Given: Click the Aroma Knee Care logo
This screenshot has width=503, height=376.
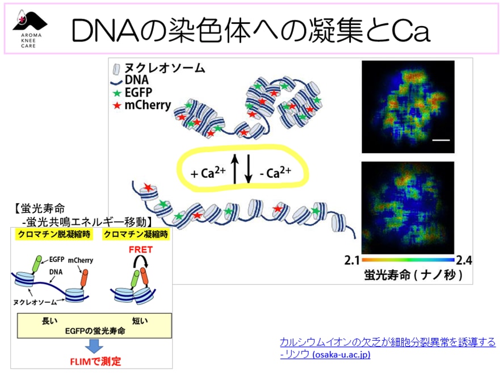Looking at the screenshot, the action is click(x=30, y=30).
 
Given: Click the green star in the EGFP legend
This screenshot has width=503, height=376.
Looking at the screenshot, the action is click(x=117, y=93).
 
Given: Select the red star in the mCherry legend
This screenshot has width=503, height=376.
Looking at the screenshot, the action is click(x=117, y=105).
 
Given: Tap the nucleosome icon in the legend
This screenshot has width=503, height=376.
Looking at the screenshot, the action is click(x=116, y=69).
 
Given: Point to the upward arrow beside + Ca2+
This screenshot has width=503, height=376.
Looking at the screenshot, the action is click(x=235, y=169).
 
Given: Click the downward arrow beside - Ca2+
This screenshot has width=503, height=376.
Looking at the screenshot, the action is click(x=248, y=169).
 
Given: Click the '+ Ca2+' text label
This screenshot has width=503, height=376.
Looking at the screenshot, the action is click(x=208, y=172).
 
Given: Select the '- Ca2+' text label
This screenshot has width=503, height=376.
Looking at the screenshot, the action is click(x=275, y=172).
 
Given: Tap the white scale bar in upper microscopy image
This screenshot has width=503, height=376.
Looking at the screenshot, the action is click(x=441, y=140).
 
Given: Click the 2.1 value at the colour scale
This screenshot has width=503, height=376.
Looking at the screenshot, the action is click(x=352, y=261).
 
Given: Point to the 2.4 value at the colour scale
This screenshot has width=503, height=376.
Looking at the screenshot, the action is click(x=464, y=261).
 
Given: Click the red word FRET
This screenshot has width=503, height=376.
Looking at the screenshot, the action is click(x=140, y=249).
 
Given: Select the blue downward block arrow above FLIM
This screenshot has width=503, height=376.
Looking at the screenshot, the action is click(x=94, y=346).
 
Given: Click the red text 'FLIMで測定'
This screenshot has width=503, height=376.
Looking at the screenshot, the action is click(x=95, y=362).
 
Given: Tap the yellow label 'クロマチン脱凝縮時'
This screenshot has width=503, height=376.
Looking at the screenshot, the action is click(x=54, y=235).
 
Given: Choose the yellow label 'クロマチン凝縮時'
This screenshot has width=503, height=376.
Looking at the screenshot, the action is click(x=136, y=235).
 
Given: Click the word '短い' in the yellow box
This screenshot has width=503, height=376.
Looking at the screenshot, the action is click(x=140, y=321).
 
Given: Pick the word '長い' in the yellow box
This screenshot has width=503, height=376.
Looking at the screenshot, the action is click(x=49, y=321).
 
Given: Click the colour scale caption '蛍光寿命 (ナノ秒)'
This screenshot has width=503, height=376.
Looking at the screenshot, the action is click(x=413, y=275).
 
